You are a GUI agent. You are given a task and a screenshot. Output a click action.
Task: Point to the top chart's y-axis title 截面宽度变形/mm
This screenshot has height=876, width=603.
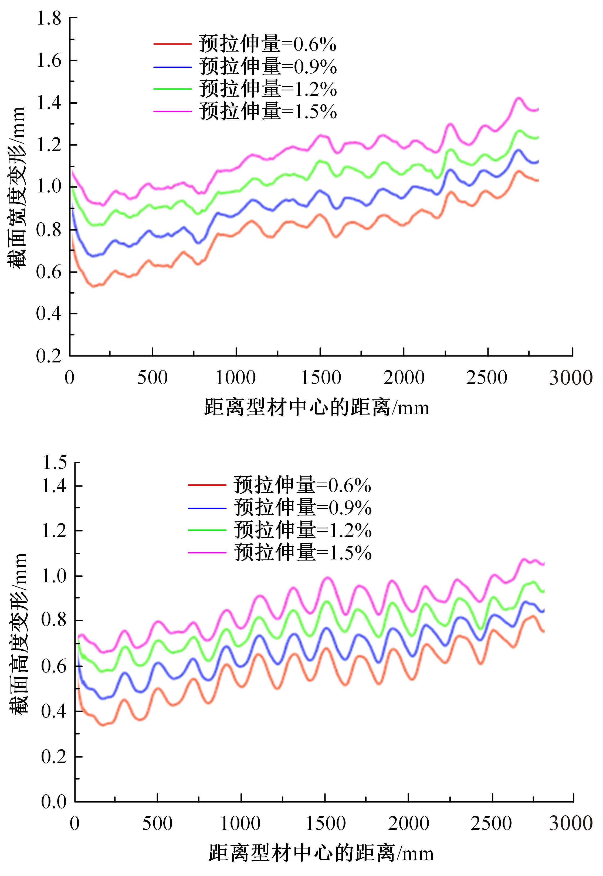click(17, 187)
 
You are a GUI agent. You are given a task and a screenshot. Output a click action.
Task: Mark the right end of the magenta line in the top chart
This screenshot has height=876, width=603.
click(538, 110)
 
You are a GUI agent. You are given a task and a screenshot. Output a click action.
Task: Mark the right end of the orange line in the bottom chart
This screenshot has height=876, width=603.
click(543, 631)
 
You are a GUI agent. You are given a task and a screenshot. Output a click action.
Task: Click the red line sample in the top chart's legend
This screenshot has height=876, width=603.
click(172, 44)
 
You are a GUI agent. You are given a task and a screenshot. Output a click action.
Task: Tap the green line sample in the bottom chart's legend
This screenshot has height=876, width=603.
click(207, 530)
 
